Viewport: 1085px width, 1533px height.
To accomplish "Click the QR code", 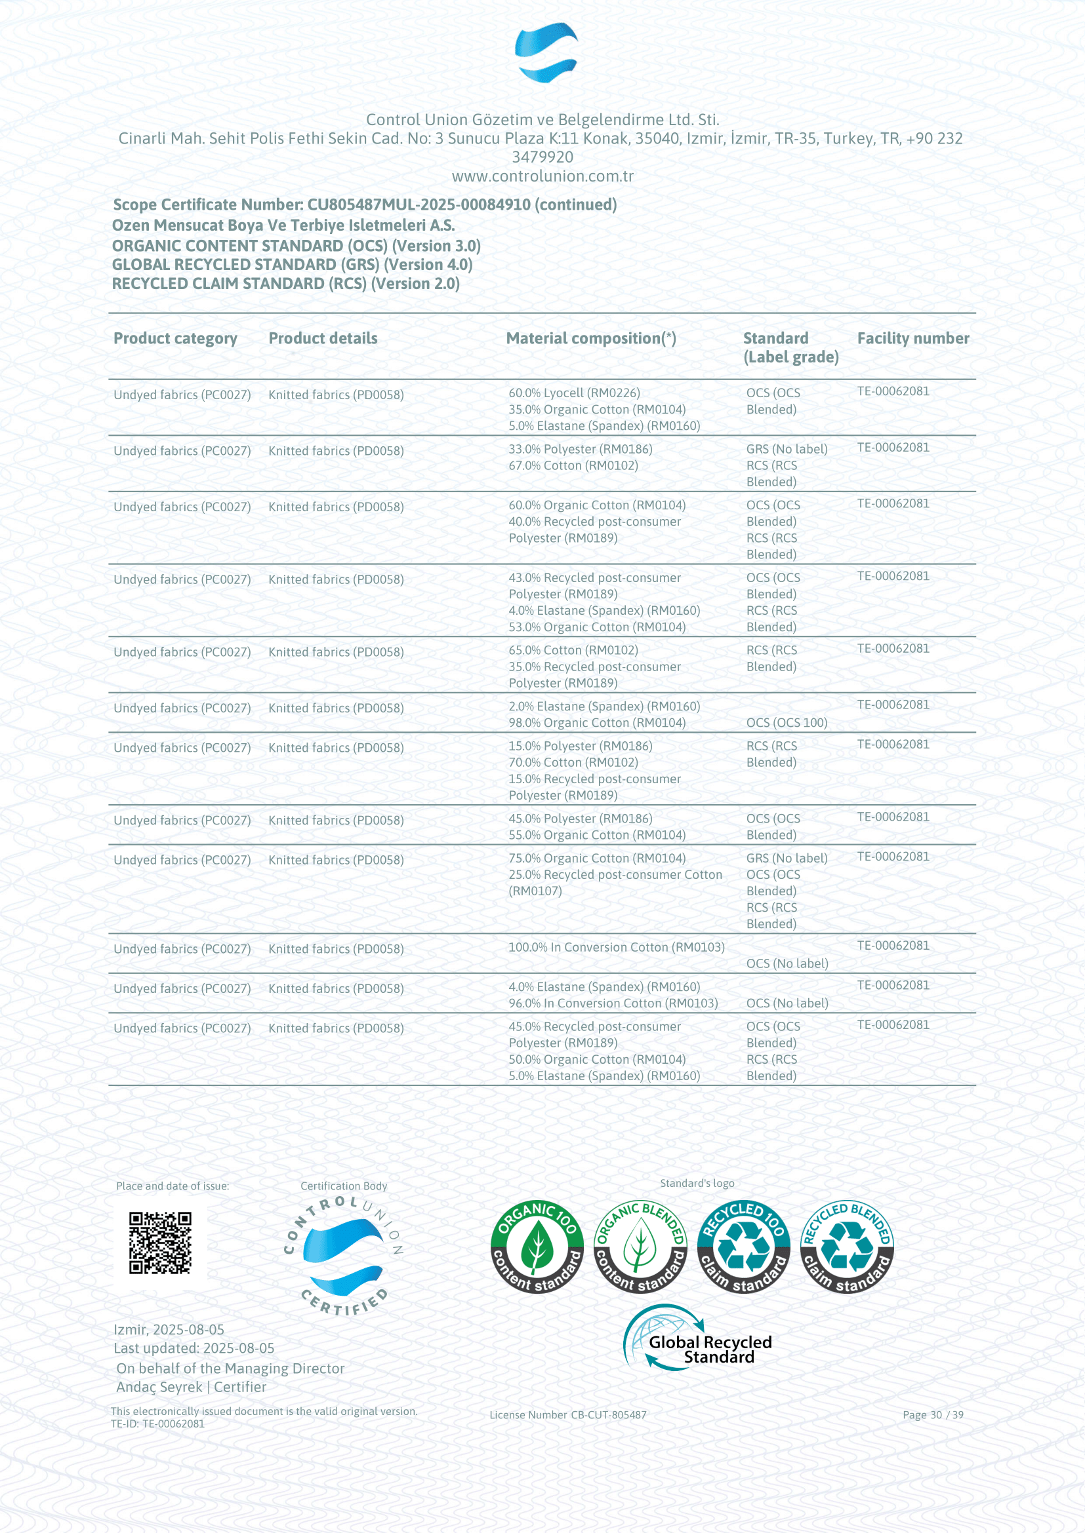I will [159, 1243].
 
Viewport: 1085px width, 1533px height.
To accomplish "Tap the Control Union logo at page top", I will [546, 52].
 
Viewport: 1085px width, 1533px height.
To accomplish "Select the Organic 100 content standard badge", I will [537, 1247].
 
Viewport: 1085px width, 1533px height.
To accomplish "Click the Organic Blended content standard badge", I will [640, 1247].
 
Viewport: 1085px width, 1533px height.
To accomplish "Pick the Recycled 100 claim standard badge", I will [743, 1247].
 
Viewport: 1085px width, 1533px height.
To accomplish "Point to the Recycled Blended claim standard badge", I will [846, 1247].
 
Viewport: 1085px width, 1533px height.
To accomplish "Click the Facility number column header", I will [912, 338].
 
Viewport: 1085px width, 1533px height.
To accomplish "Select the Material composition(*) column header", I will [590, 338].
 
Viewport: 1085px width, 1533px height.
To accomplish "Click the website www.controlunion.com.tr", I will [542, 176].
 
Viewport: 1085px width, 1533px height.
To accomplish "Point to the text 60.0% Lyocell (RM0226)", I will [574, 393].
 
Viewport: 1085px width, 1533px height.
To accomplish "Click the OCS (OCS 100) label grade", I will [787, 722].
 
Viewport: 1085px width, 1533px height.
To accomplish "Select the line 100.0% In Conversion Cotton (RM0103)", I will [616, 947].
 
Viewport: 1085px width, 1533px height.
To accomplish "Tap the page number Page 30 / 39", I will [933, 1415].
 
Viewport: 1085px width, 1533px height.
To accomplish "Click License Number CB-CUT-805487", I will [568, 1415].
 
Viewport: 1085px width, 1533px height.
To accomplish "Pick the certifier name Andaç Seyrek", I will [159, 1387].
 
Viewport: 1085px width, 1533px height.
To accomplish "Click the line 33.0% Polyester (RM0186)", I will [580, 449].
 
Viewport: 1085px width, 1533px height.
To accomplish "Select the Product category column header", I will [175, 338].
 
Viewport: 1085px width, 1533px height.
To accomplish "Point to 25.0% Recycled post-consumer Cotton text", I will [615, 875].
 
